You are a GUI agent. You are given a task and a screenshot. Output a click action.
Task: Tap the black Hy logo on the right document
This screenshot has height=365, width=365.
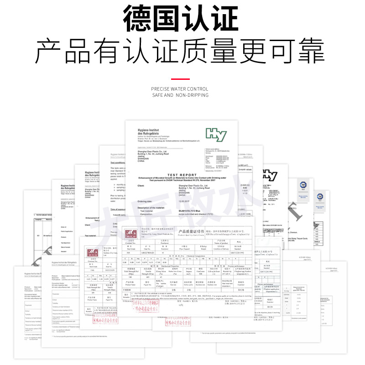(270, 175)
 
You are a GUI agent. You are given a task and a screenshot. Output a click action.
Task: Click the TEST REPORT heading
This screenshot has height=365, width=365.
(182, 174)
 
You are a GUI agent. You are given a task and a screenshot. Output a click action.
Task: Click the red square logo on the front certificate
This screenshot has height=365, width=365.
(131, 234)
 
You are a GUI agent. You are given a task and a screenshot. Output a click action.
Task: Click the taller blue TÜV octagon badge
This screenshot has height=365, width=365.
(302, 184)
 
